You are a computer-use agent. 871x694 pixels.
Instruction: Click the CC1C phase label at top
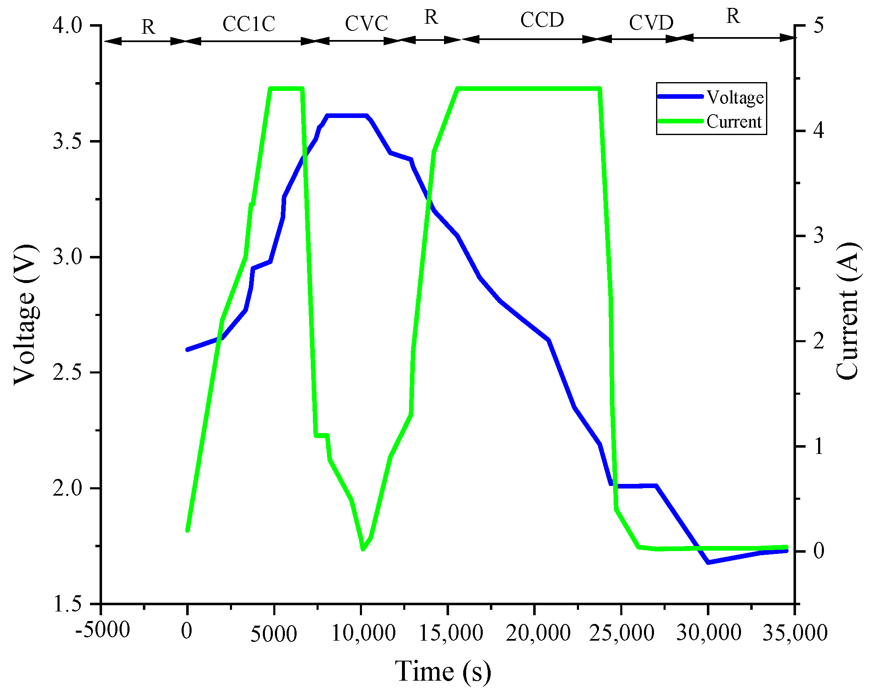249,24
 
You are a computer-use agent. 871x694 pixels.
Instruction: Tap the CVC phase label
366,23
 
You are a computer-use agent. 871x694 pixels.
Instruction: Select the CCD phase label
542,20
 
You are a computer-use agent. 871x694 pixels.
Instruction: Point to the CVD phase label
651,23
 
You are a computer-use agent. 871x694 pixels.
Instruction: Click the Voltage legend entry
735,97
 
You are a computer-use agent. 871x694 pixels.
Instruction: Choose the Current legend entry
734,122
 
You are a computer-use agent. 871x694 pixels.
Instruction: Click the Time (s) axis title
443,671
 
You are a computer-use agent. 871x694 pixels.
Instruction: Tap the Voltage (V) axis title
25,315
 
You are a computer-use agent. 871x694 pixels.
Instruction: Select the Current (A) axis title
847,311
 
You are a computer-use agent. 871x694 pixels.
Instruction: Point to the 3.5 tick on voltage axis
67,141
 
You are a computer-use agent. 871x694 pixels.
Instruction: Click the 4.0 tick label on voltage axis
67,25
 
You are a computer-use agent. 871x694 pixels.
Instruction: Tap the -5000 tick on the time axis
102,629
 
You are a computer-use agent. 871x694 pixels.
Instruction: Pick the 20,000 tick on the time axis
537,633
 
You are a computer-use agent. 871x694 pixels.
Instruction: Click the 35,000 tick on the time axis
795,633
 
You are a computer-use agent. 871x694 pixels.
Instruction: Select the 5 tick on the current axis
818,25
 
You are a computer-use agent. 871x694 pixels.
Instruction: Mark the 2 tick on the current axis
818,341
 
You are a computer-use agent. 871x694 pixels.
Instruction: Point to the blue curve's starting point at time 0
188,349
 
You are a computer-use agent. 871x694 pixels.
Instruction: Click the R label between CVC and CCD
431,17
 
